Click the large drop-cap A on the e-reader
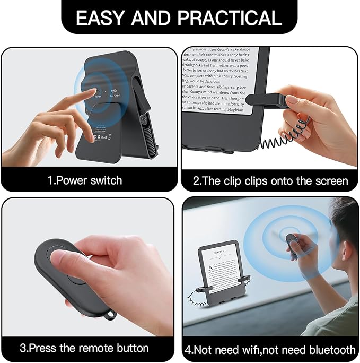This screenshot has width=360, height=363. (210, 268)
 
